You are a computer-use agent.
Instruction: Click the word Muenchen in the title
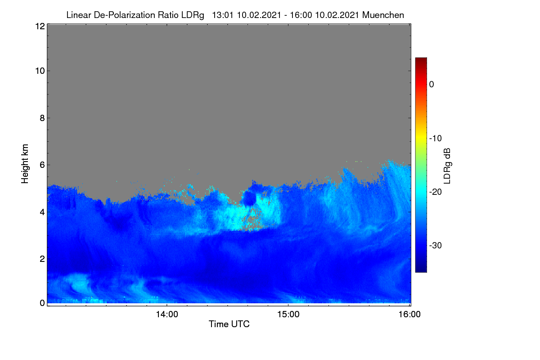click(x=383, y=15)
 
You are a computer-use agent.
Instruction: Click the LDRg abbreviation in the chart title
click(x=193, y=15)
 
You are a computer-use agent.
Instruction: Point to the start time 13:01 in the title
click(x=222, y=15)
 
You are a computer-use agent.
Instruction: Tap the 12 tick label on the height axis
click(x=40, y=26)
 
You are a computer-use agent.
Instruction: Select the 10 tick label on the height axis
click(x=40, y=71)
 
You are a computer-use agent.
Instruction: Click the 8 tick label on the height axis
click(x=42, y=118)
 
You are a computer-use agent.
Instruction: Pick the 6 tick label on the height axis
click(x=42, y=165)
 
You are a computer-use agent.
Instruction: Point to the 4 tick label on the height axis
click(x=42, y=212)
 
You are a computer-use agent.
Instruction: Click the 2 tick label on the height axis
click(x=42, y=259)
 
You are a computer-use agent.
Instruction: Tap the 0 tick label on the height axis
click(x=42, y=303)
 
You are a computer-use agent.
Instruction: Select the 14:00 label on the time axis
click(x=167, y=315)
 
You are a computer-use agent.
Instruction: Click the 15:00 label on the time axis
click(x=288, y=315)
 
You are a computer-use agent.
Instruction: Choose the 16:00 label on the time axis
click(x=409, y=315)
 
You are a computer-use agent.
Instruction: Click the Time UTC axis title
click(x=229, y=324)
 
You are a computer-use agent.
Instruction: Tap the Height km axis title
click(x=25, y=164)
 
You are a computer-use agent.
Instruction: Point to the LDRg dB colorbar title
click(x=447, y=166)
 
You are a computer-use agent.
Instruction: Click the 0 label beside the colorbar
click(x=432, y=85)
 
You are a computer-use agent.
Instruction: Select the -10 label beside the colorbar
click(x=436, y=139)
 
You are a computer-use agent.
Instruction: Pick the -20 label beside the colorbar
click(x=436, y=192)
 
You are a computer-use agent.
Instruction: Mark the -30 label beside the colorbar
click(x=436, y=245)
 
